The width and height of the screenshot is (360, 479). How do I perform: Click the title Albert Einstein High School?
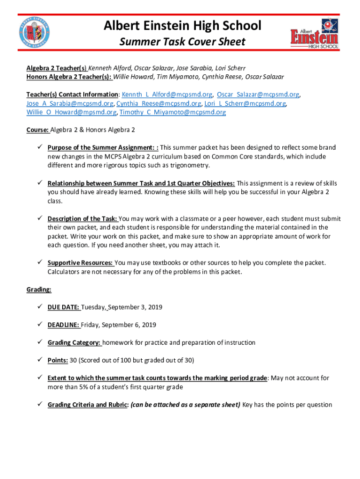(183, 26)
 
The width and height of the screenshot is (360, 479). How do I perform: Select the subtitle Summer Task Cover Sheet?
(182, 42)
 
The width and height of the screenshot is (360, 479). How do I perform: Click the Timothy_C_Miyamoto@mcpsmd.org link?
(173, 112)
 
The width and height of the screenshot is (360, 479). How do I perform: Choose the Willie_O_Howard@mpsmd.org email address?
(72, 112)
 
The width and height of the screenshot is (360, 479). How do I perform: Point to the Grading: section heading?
(39, 290)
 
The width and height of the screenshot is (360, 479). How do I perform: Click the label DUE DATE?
(64, 307)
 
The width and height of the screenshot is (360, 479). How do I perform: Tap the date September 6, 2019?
(129, 325)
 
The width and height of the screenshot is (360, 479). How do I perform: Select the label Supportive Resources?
(80, 263)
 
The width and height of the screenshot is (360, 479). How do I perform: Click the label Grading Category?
(74, 342)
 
